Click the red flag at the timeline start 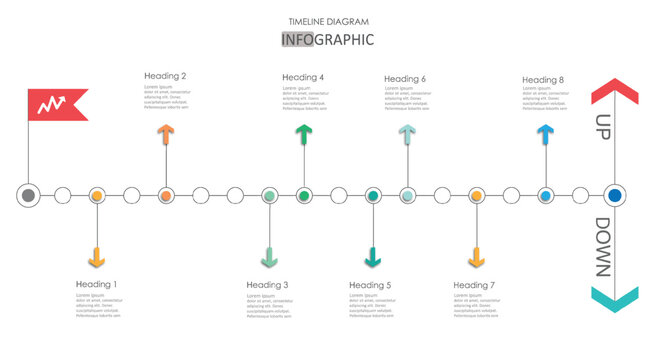pos(55,104)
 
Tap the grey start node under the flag pos(29,195)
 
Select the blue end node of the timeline pos(615,195)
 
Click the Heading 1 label pos(96,284)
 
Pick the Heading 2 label pos(165,76)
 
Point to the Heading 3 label pos(267,285)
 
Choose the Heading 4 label pos(303,77)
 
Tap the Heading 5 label pos(370,285)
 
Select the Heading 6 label pos(405,79)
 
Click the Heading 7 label pos(474,285)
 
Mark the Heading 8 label pos(543,79)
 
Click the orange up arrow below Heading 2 pos(165,134)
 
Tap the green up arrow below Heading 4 pos(303,135)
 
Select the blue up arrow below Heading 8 pos(545,135)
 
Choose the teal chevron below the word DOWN pos(614,298)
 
